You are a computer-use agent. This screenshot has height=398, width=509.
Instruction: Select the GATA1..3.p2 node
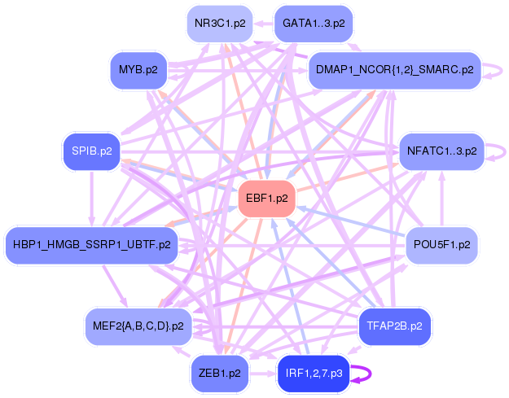pos(314,24)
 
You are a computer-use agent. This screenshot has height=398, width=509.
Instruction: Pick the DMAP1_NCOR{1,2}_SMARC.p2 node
pos(393,70)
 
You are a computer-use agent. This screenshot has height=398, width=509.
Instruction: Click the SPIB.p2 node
pos(92,151)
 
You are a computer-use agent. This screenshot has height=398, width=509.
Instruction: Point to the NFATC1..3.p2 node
pos(441,151)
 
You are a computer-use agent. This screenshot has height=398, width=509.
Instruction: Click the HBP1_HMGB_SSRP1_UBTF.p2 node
pos(91,244)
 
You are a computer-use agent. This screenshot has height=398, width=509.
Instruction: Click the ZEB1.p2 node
pos(220,374)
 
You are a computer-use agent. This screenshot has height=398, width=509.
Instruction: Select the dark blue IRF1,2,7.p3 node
pos(314,374)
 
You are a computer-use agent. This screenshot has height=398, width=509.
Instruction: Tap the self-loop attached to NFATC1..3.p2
pos(494,151)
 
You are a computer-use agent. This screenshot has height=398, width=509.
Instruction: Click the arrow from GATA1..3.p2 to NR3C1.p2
pos(261,24)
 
